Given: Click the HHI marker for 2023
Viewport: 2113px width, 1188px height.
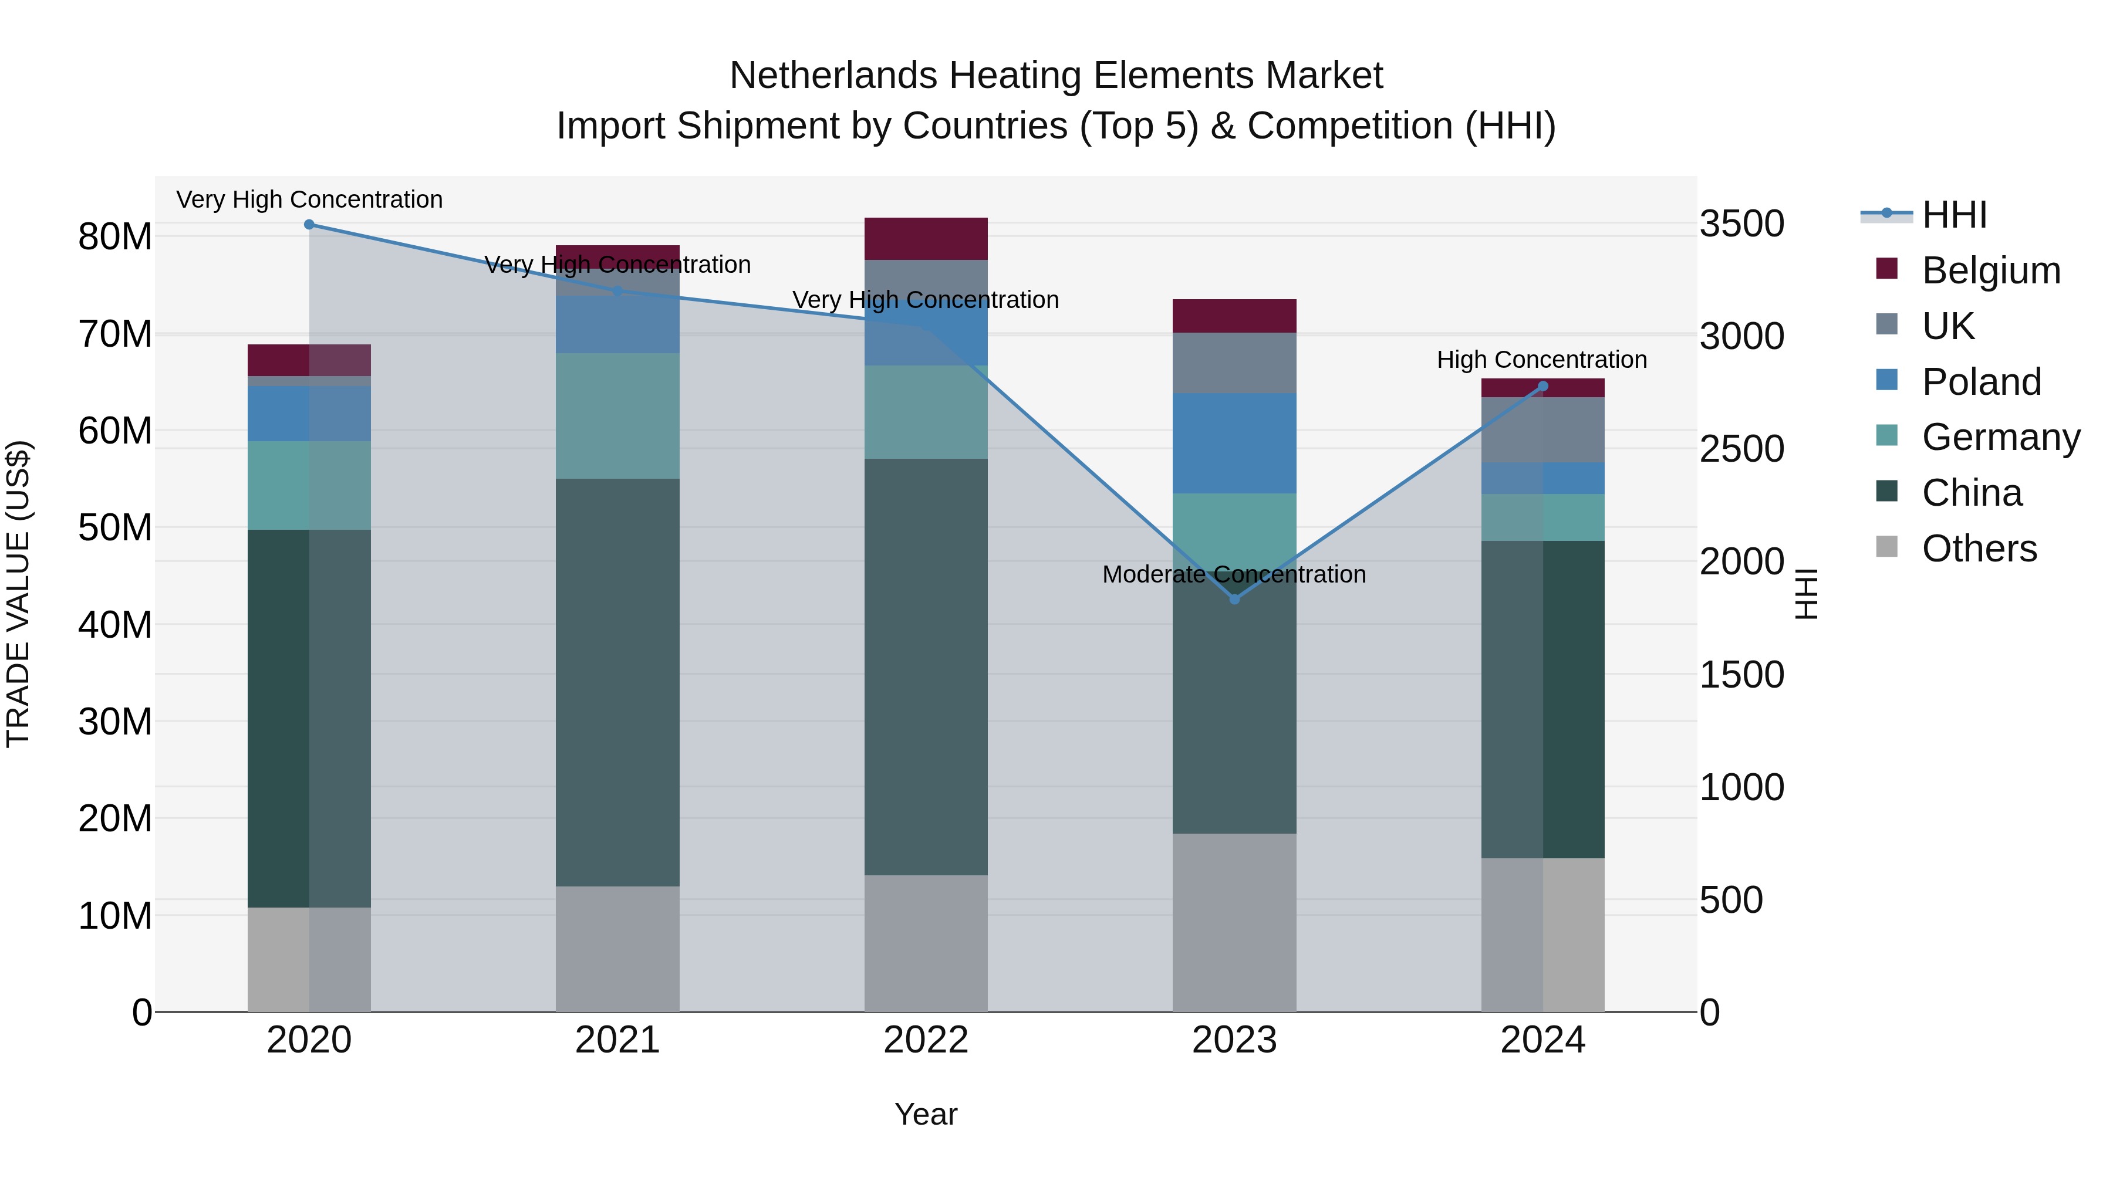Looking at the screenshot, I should (1234, 600).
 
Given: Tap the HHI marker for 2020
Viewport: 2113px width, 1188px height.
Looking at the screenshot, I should (309, 225).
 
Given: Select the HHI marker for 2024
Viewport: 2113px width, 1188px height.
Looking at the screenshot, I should (1543, 386).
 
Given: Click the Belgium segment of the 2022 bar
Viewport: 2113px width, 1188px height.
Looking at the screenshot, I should (926, 239).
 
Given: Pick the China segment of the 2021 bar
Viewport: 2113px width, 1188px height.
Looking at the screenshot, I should (617, 682).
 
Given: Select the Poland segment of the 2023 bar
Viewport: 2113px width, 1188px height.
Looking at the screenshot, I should (1234, 443).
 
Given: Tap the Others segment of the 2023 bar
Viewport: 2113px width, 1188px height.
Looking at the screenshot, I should (1234, 922).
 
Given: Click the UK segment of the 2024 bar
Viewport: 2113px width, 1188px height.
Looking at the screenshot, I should (1543, 429).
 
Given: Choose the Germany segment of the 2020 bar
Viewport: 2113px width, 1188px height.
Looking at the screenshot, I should (309, 485).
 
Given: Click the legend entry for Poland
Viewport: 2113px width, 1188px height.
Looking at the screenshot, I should (1981, 382).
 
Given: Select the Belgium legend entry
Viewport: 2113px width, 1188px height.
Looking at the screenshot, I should (1991, 270).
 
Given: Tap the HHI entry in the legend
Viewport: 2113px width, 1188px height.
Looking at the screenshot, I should (1954, 215).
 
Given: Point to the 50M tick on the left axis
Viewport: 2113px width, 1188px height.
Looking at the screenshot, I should (115, 527).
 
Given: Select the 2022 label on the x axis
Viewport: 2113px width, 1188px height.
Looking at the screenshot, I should (926, 1040).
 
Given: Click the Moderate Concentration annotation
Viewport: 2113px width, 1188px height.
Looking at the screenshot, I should (1234, 574).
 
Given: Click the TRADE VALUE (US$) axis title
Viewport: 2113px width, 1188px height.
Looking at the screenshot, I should (18, 594).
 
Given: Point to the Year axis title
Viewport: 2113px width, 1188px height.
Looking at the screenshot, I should (926, 1114).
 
